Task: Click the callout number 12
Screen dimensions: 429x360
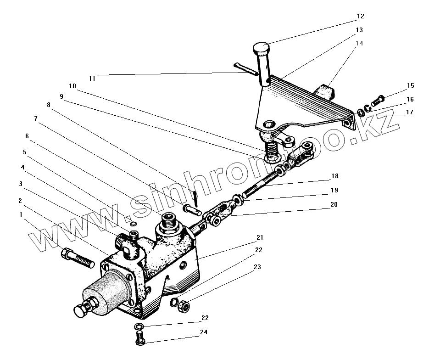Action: pos(360,16)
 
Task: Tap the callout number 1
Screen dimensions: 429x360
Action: pos(21,214)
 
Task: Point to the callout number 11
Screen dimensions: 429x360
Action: pos(92,79)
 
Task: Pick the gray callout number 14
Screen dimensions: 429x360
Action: pos(359,43)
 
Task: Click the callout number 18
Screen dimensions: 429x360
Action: pos(335,176)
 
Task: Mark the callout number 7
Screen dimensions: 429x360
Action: pos(35,118)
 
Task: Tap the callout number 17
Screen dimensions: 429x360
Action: pos(410,112)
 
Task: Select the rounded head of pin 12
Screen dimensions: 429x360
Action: pos(261,47)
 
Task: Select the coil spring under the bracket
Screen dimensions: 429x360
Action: pos(272,148)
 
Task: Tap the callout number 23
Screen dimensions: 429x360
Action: pos(257,267)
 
